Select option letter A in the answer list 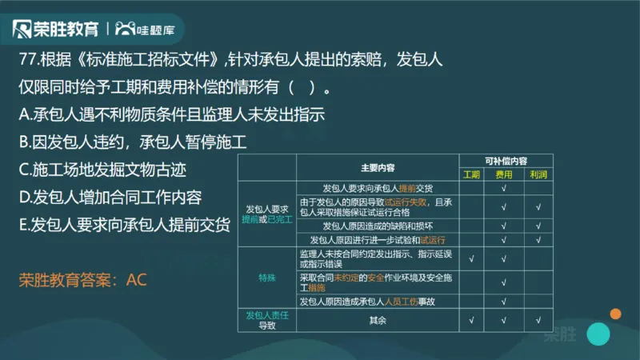click(25, 114)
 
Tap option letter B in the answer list click(25, 142)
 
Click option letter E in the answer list click(24, 225)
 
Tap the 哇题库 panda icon click(126, 30)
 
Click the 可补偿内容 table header click(506, 161)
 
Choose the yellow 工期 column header click(472, 174)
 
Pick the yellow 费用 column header click(504, 174)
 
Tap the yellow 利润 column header click(538, 174)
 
